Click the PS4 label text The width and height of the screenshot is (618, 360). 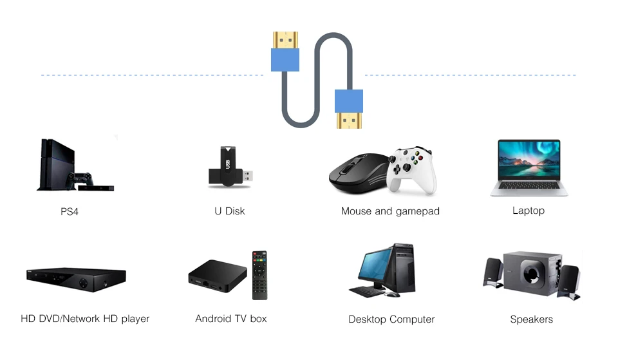[x=70, y=211]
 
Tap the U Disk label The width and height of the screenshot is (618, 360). [x=230, y=211]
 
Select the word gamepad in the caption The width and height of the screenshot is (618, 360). [x=417, y=211]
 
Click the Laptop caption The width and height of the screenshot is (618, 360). [x=529, y=211]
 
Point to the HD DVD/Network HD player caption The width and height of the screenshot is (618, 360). [x=85, y=319]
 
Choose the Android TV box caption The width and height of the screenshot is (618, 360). [x=231, y=318]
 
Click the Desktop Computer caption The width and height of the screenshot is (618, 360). [x=391, y=319]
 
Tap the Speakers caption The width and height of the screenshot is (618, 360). [x=532, y=319]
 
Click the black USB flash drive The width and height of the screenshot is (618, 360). [x=229, y=169]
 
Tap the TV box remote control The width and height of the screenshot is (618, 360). [x=259, y=274]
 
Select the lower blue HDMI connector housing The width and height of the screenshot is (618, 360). [x=349, y=101]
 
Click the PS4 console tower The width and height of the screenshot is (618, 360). [x=55, y=164]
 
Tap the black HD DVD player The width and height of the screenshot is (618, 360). [x=76, y=279]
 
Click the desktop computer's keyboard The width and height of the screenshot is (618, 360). [x=367, y=292]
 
